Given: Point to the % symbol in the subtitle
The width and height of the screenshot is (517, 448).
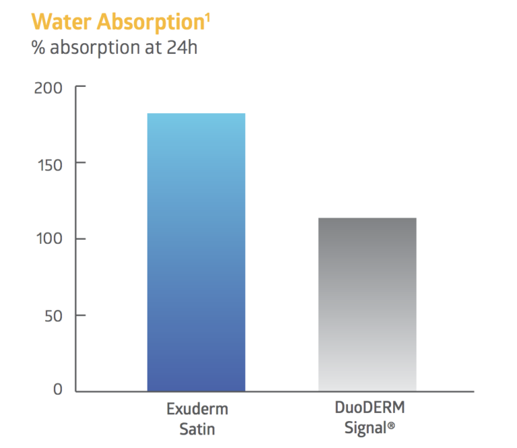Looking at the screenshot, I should pos(38,49).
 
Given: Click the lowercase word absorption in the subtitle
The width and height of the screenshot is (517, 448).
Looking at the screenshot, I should pos(90,49).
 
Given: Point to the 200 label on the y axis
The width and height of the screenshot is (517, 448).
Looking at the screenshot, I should pos(48,88).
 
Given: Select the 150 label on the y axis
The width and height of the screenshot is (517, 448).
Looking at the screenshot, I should pos(48,163).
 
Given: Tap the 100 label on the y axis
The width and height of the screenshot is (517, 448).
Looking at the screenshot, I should pos(48,239).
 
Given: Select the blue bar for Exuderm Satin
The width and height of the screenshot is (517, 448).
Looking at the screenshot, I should pos(196,253).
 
